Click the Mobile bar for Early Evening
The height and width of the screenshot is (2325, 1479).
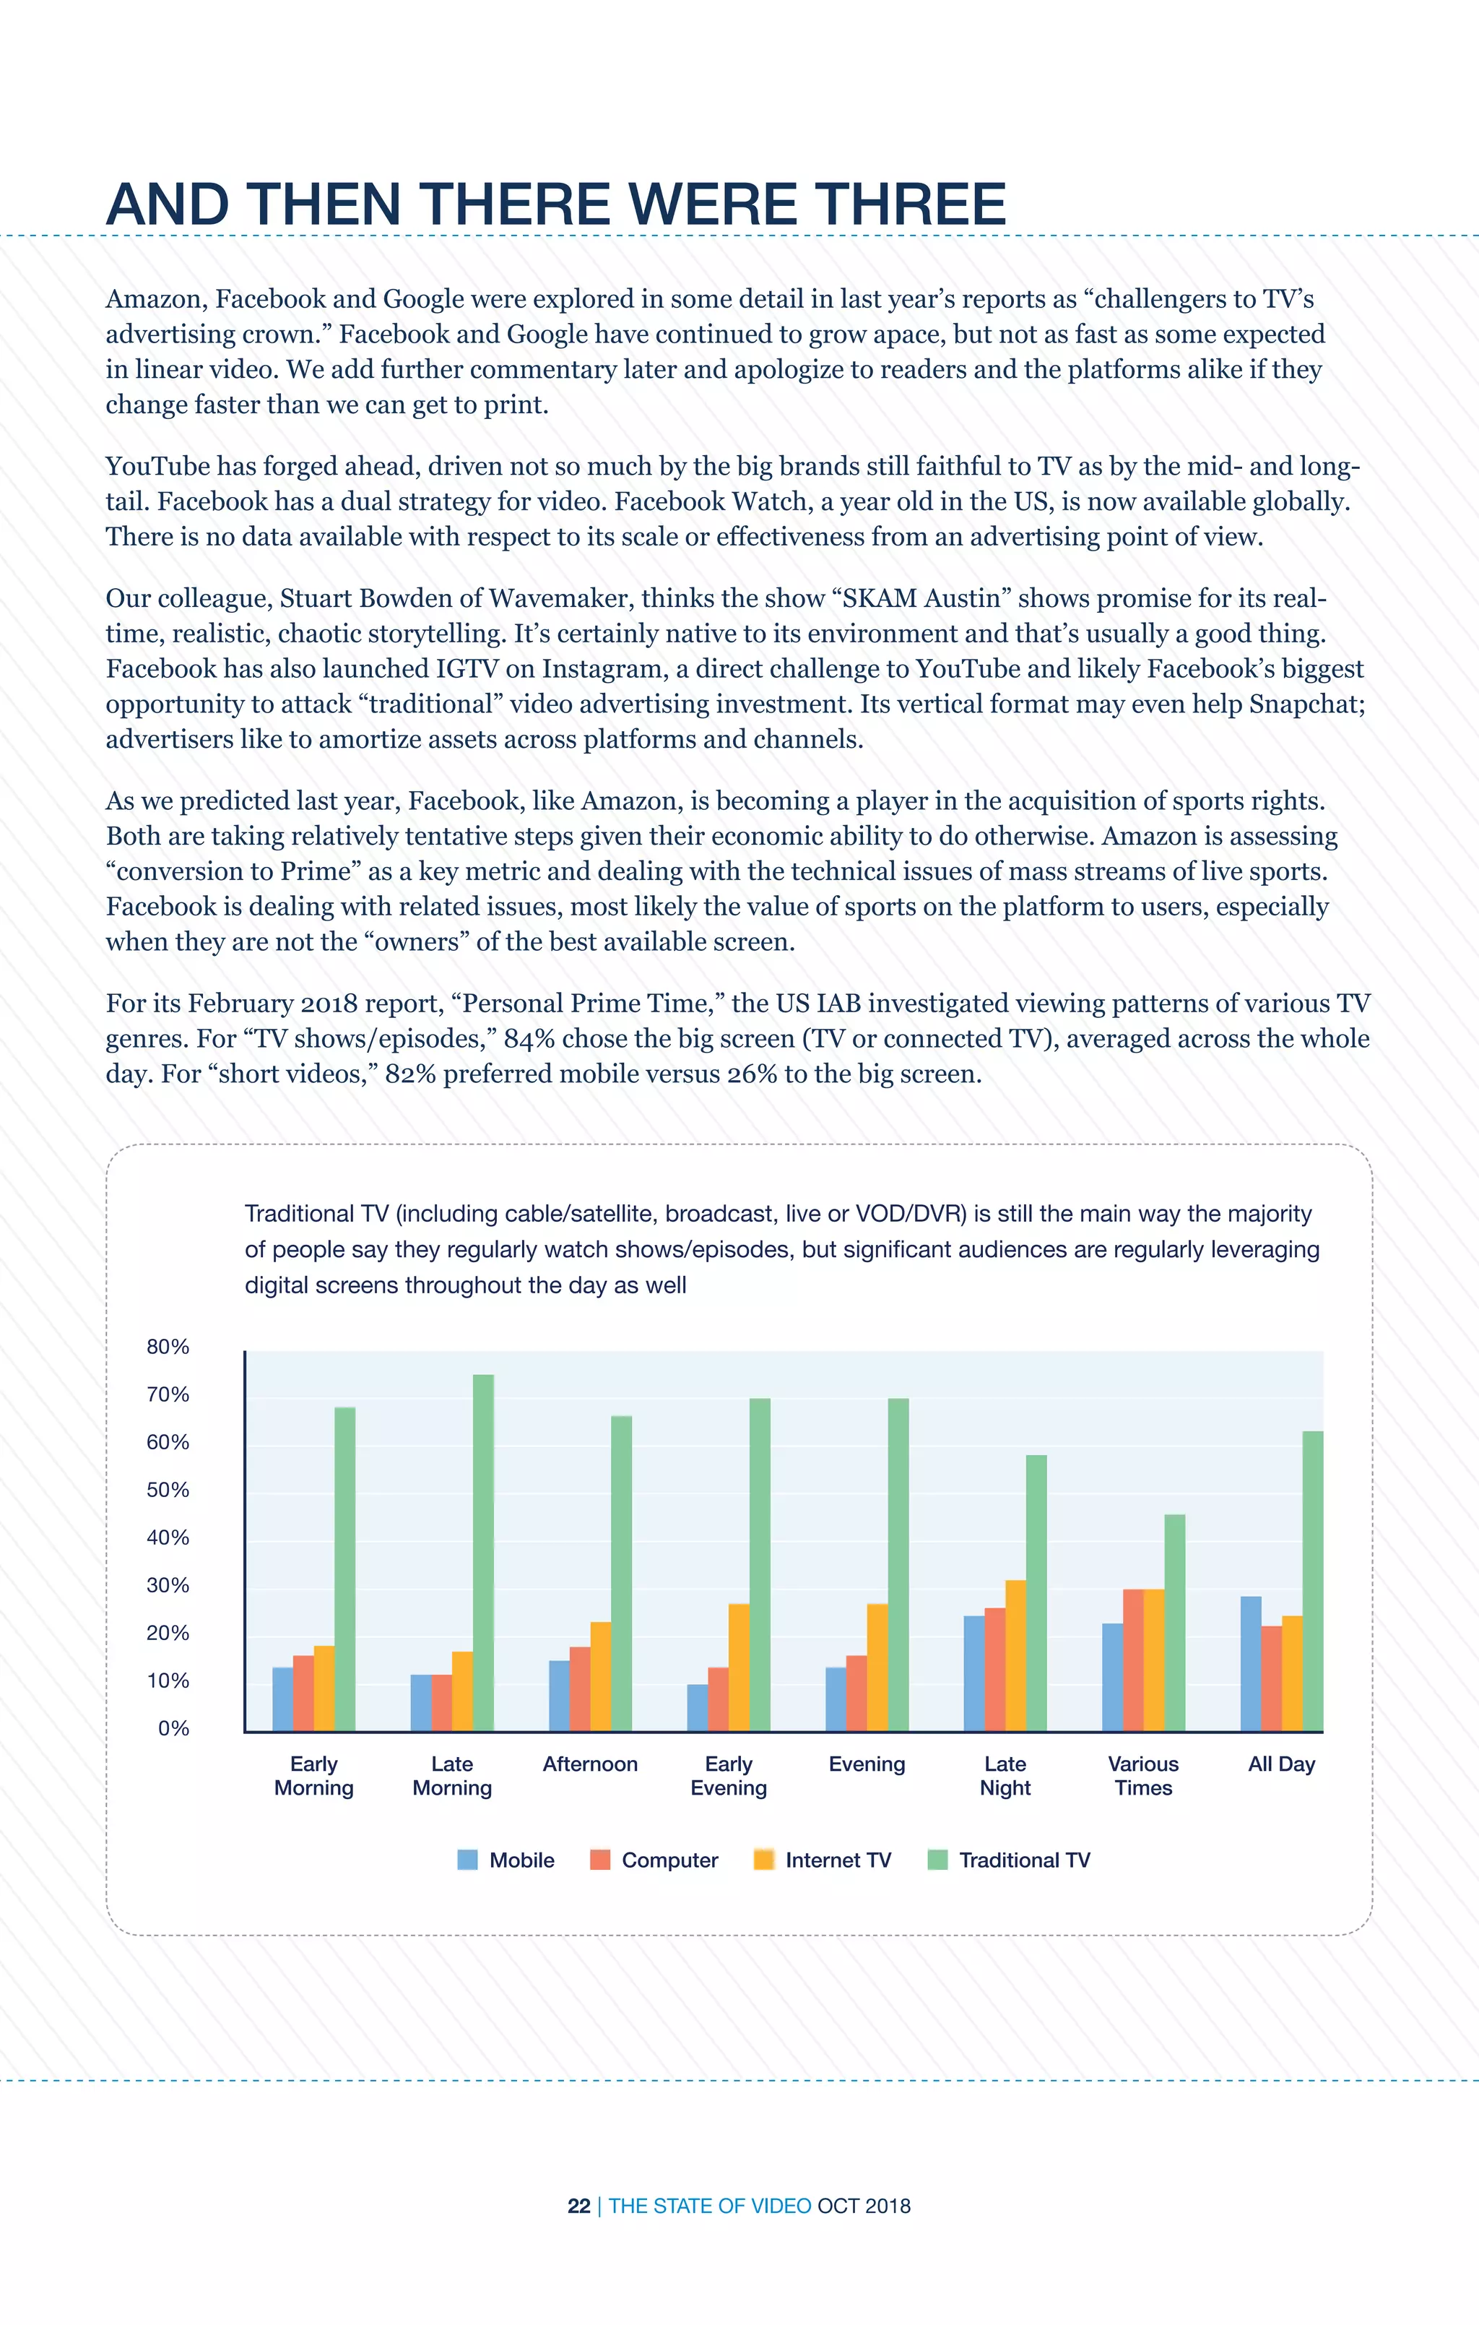coord(697,1707)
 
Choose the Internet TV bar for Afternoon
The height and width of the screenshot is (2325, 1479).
coord(600,1676)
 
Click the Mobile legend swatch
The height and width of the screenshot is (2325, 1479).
coord(467,1860)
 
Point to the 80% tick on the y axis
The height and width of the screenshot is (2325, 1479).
coord(168,1347)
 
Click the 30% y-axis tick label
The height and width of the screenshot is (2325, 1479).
coord(168,1585)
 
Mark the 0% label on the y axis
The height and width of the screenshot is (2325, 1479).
coord(174,1728)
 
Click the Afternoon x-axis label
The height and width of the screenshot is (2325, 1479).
coord(590,1764)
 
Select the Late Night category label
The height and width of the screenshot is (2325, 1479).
coord(1005,1776)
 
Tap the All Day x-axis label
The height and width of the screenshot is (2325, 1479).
coord(1281,1764)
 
